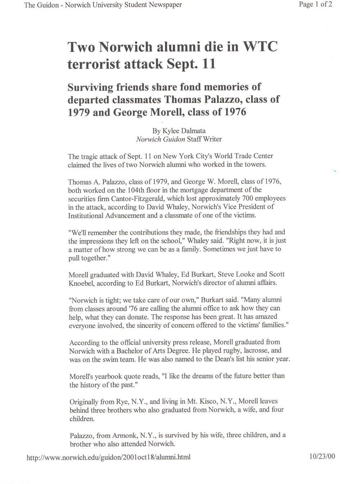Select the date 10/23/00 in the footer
[322, 457]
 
